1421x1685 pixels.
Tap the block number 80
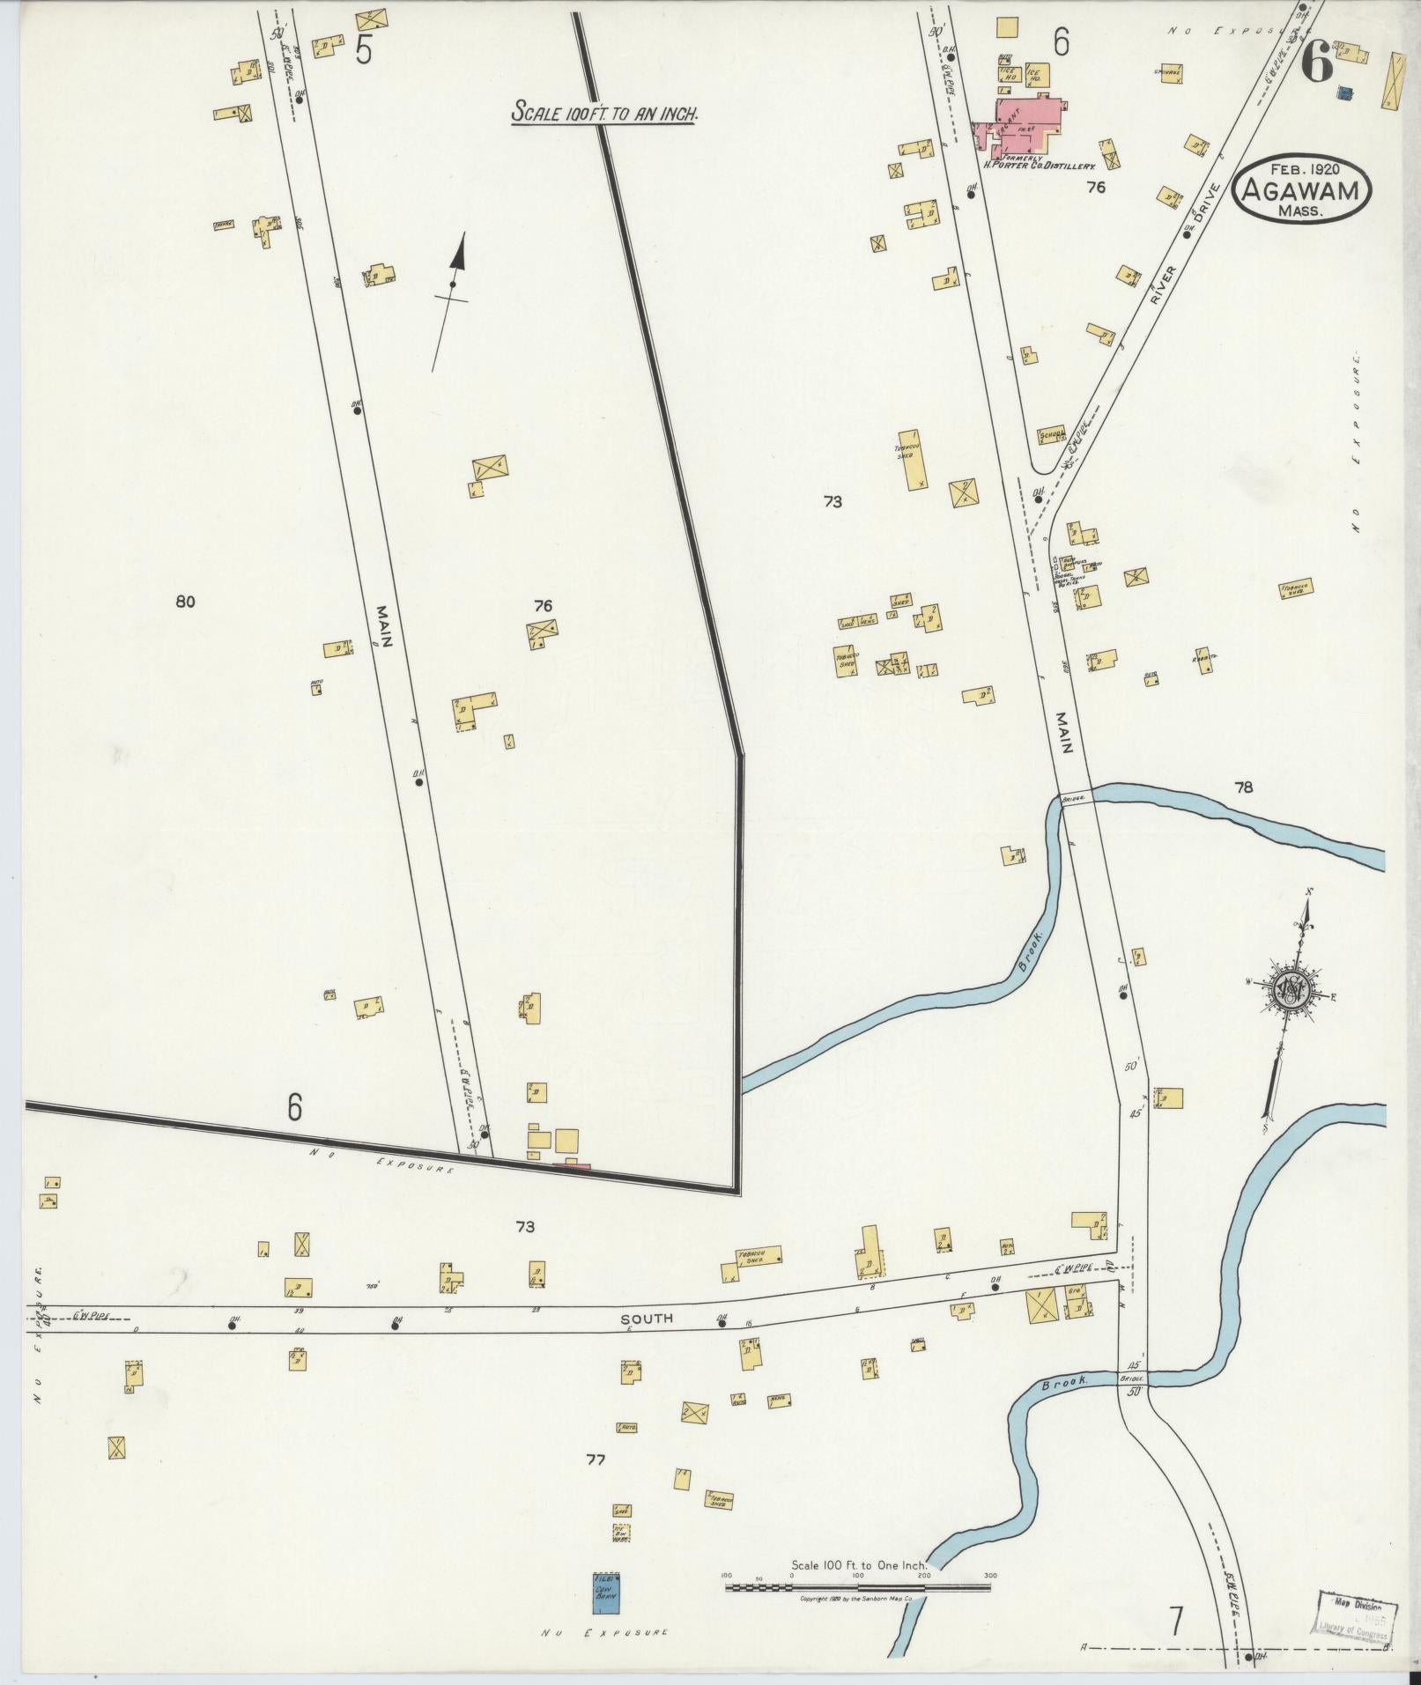(185, 602)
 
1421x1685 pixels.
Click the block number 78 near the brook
(1243, 787)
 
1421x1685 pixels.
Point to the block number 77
(596, 1460)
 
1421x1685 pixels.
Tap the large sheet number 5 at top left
(364, 51)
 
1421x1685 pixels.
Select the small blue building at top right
(1344, 92)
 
